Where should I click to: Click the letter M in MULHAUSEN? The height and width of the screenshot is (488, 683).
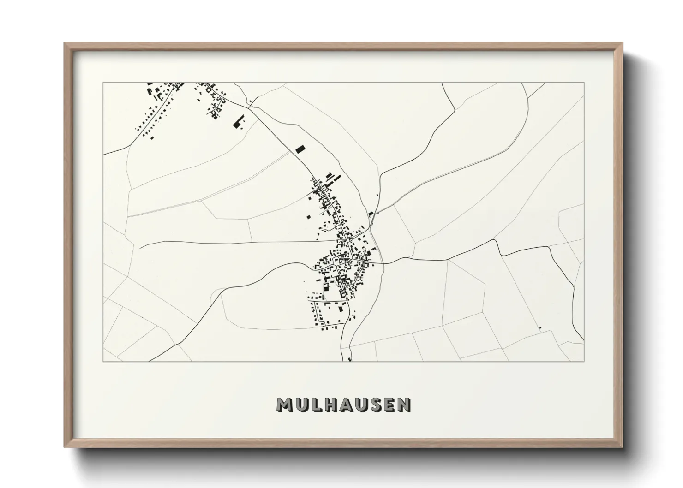click(284, 405)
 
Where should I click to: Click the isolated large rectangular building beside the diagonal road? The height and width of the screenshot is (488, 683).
click(300, 149)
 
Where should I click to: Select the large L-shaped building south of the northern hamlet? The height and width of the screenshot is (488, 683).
click(238, 122)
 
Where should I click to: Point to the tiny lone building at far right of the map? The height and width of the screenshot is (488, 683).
click(539, 328)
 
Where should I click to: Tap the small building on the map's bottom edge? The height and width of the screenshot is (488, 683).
click(350, 359)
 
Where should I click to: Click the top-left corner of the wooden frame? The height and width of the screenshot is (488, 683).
click(65, 43)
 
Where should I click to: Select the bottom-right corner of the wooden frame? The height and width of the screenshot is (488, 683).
click(623, 447)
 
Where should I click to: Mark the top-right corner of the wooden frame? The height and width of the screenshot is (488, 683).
click(623, 43)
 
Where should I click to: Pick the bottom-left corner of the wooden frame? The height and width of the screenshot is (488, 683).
click(65, 447)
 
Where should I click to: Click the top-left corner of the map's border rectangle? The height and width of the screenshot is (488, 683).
click(103, 83)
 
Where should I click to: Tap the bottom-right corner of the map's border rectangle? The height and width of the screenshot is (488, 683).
click(584, 361)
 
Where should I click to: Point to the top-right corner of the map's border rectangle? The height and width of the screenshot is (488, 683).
click(584, 83)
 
